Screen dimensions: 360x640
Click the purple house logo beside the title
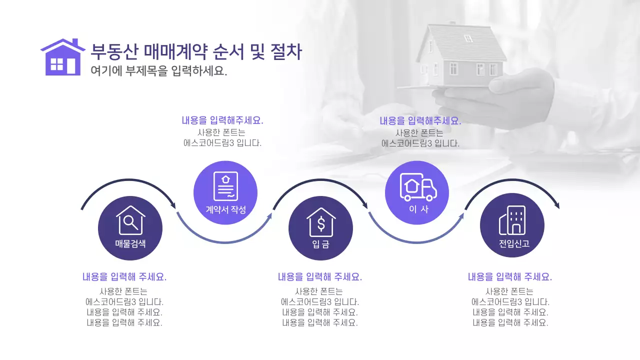pos(62,57)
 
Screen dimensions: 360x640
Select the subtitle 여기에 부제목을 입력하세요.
pos(159,71)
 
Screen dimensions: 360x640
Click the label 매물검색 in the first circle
pos(130,244)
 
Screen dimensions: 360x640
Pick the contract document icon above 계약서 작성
pos(225,186)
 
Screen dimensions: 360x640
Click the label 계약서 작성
pos(226,209)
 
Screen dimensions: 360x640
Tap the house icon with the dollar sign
pos(321,222)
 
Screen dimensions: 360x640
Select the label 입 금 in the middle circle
pos(321,244)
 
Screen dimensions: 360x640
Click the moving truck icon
pos(418,187)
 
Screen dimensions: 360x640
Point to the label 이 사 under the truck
pos(418,209)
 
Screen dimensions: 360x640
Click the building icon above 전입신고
pos(512,220)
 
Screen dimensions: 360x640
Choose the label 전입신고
pos(512,244)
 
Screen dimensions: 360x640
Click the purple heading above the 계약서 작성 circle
pos(222,120)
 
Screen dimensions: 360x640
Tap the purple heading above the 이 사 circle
pos(420,120)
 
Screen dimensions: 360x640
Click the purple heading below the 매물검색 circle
pos(124,277)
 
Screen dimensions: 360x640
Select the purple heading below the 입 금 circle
pos(320,277)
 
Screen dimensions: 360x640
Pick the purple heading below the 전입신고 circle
pos(510,277)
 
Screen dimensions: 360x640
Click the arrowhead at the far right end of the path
pos(556,205)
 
